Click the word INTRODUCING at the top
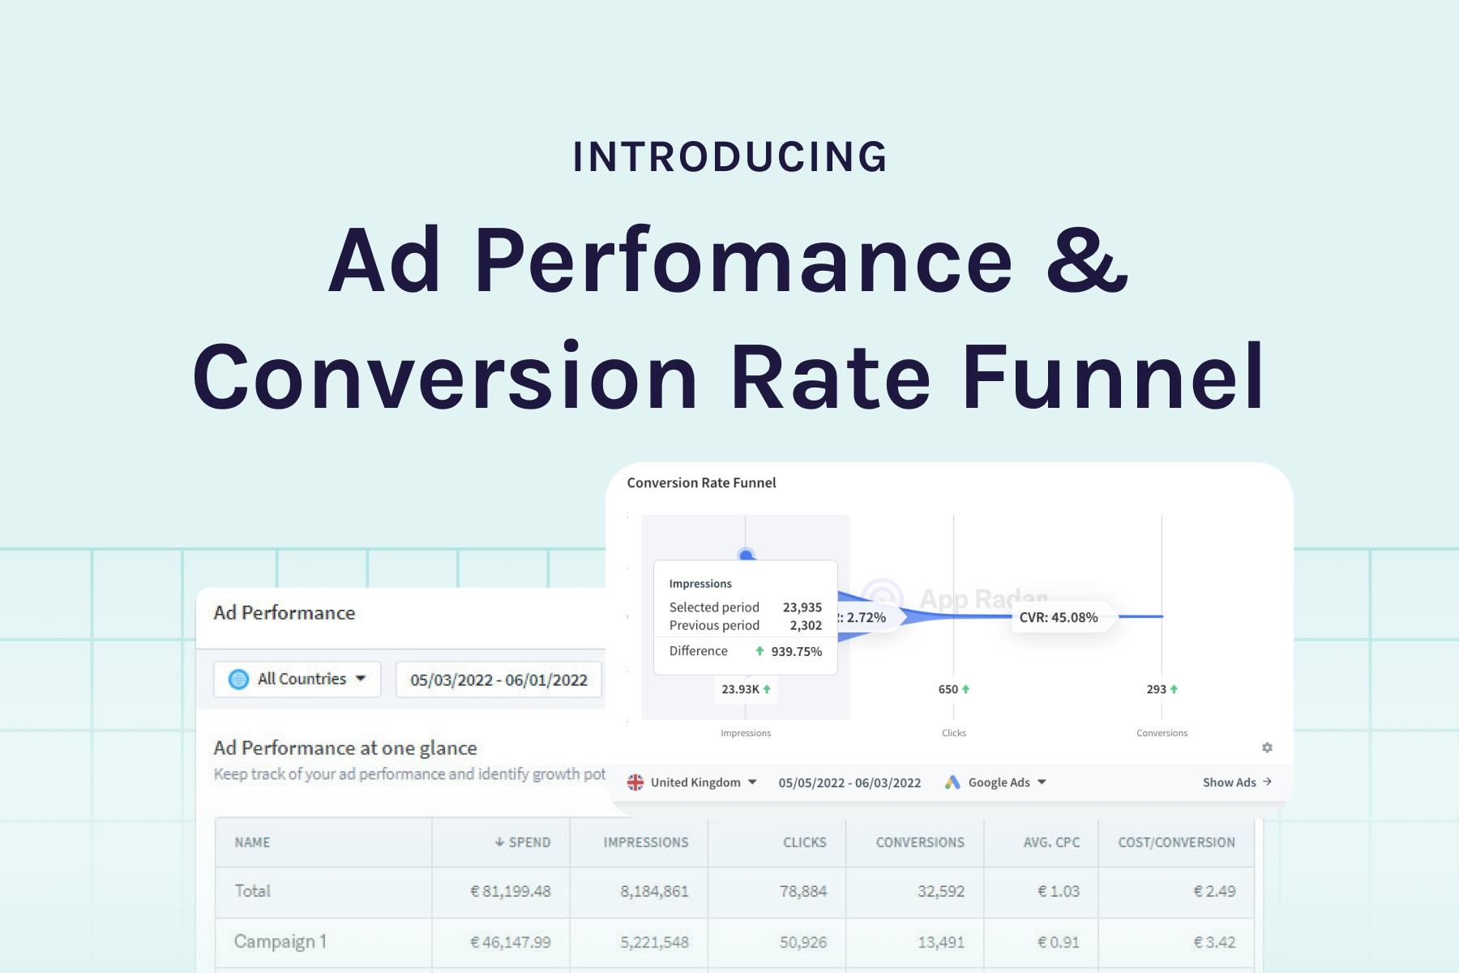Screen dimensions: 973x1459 click(x=729, y=157)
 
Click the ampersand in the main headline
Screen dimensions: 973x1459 click(x=1087, y=261)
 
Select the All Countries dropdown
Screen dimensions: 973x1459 click(x=297, y=679)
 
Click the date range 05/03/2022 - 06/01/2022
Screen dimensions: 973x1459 click(x=498, y=679)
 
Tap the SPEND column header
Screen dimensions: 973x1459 click(x=523, y=842)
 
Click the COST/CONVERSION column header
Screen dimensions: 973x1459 click(x=1176, y=842)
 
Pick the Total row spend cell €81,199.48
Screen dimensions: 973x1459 click(x=511, y=891)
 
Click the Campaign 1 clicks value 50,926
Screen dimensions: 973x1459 click(x=802, y=942)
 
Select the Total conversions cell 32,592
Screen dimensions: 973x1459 click(x=940, y=891)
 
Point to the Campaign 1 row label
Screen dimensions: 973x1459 click(x=280, y=941)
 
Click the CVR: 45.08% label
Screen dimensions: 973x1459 click(x=1059, y=617)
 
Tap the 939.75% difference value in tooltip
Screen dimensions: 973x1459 click(x=796, y=651)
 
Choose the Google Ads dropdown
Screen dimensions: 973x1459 click(x=997, y=782)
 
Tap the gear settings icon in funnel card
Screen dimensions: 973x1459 click(x=1267, y=748)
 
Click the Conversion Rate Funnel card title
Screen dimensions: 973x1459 click(x=701, y=482)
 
